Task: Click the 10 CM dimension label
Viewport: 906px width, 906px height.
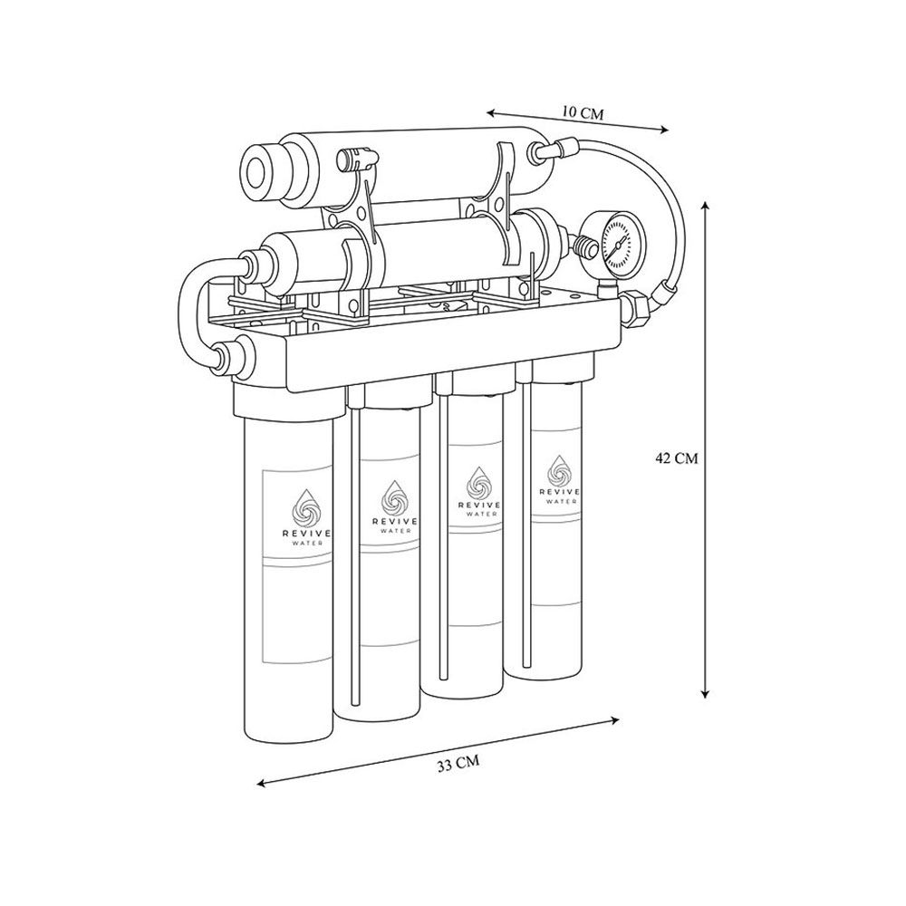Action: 582,113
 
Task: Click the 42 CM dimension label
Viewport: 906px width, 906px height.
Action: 676,458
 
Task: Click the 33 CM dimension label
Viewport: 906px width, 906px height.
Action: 458,764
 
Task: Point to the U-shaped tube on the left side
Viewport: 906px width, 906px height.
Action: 195,308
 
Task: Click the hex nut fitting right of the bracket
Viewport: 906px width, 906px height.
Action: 636,306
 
